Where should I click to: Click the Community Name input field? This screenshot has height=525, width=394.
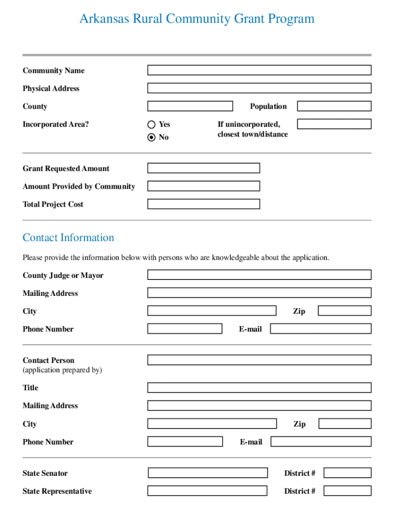pos(259,70)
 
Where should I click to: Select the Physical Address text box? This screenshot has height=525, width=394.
pos(259,88)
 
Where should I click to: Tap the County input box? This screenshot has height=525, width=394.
pos(190,106)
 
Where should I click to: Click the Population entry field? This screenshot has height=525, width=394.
pos(334,106)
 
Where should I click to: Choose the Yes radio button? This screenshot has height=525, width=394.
pos(151,124)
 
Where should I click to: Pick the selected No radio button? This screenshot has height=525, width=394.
pos(151,137)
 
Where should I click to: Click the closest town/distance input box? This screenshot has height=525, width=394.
pos(334,124)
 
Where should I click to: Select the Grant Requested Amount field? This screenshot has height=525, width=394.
pos(204,168)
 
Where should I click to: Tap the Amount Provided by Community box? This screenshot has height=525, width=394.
pos(204,186)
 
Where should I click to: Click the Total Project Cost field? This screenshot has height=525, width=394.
pos(204,204)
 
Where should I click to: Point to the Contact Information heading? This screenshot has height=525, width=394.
pos(68,237)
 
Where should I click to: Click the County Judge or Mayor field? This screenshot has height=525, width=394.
pos(259,275)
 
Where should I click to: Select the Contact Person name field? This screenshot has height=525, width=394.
pos(259,360)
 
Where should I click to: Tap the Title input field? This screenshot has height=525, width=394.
pos(259,388)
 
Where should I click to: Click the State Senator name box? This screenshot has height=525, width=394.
pos(208,473)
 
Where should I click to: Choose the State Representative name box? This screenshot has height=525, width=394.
pos(207,491)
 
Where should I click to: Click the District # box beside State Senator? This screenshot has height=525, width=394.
pos(347,473)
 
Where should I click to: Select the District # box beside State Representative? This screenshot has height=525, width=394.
pos(347,491)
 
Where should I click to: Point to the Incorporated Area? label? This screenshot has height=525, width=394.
pos(55,124)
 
